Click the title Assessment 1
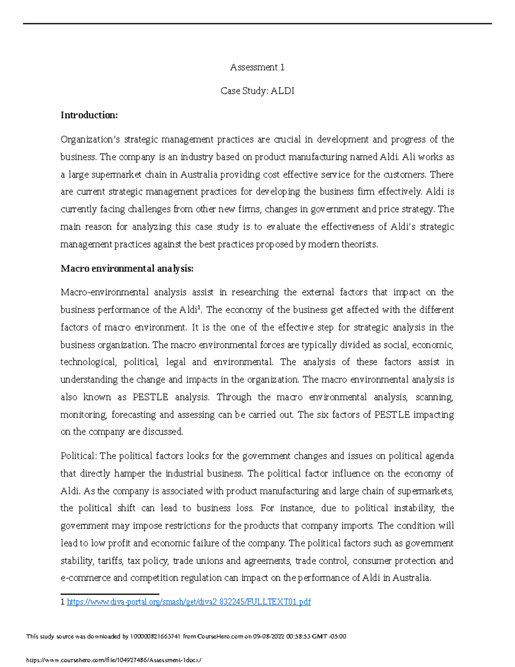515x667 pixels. [x=257, y=67]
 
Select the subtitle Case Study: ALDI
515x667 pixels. [x=257, y=91]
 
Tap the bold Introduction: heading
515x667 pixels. [x=89, y=115]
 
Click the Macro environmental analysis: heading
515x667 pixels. [x=127, y=269]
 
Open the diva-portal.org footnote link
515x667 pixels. [x=188, y=602]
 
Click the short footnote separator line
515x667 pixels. [x=110, y=594]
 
